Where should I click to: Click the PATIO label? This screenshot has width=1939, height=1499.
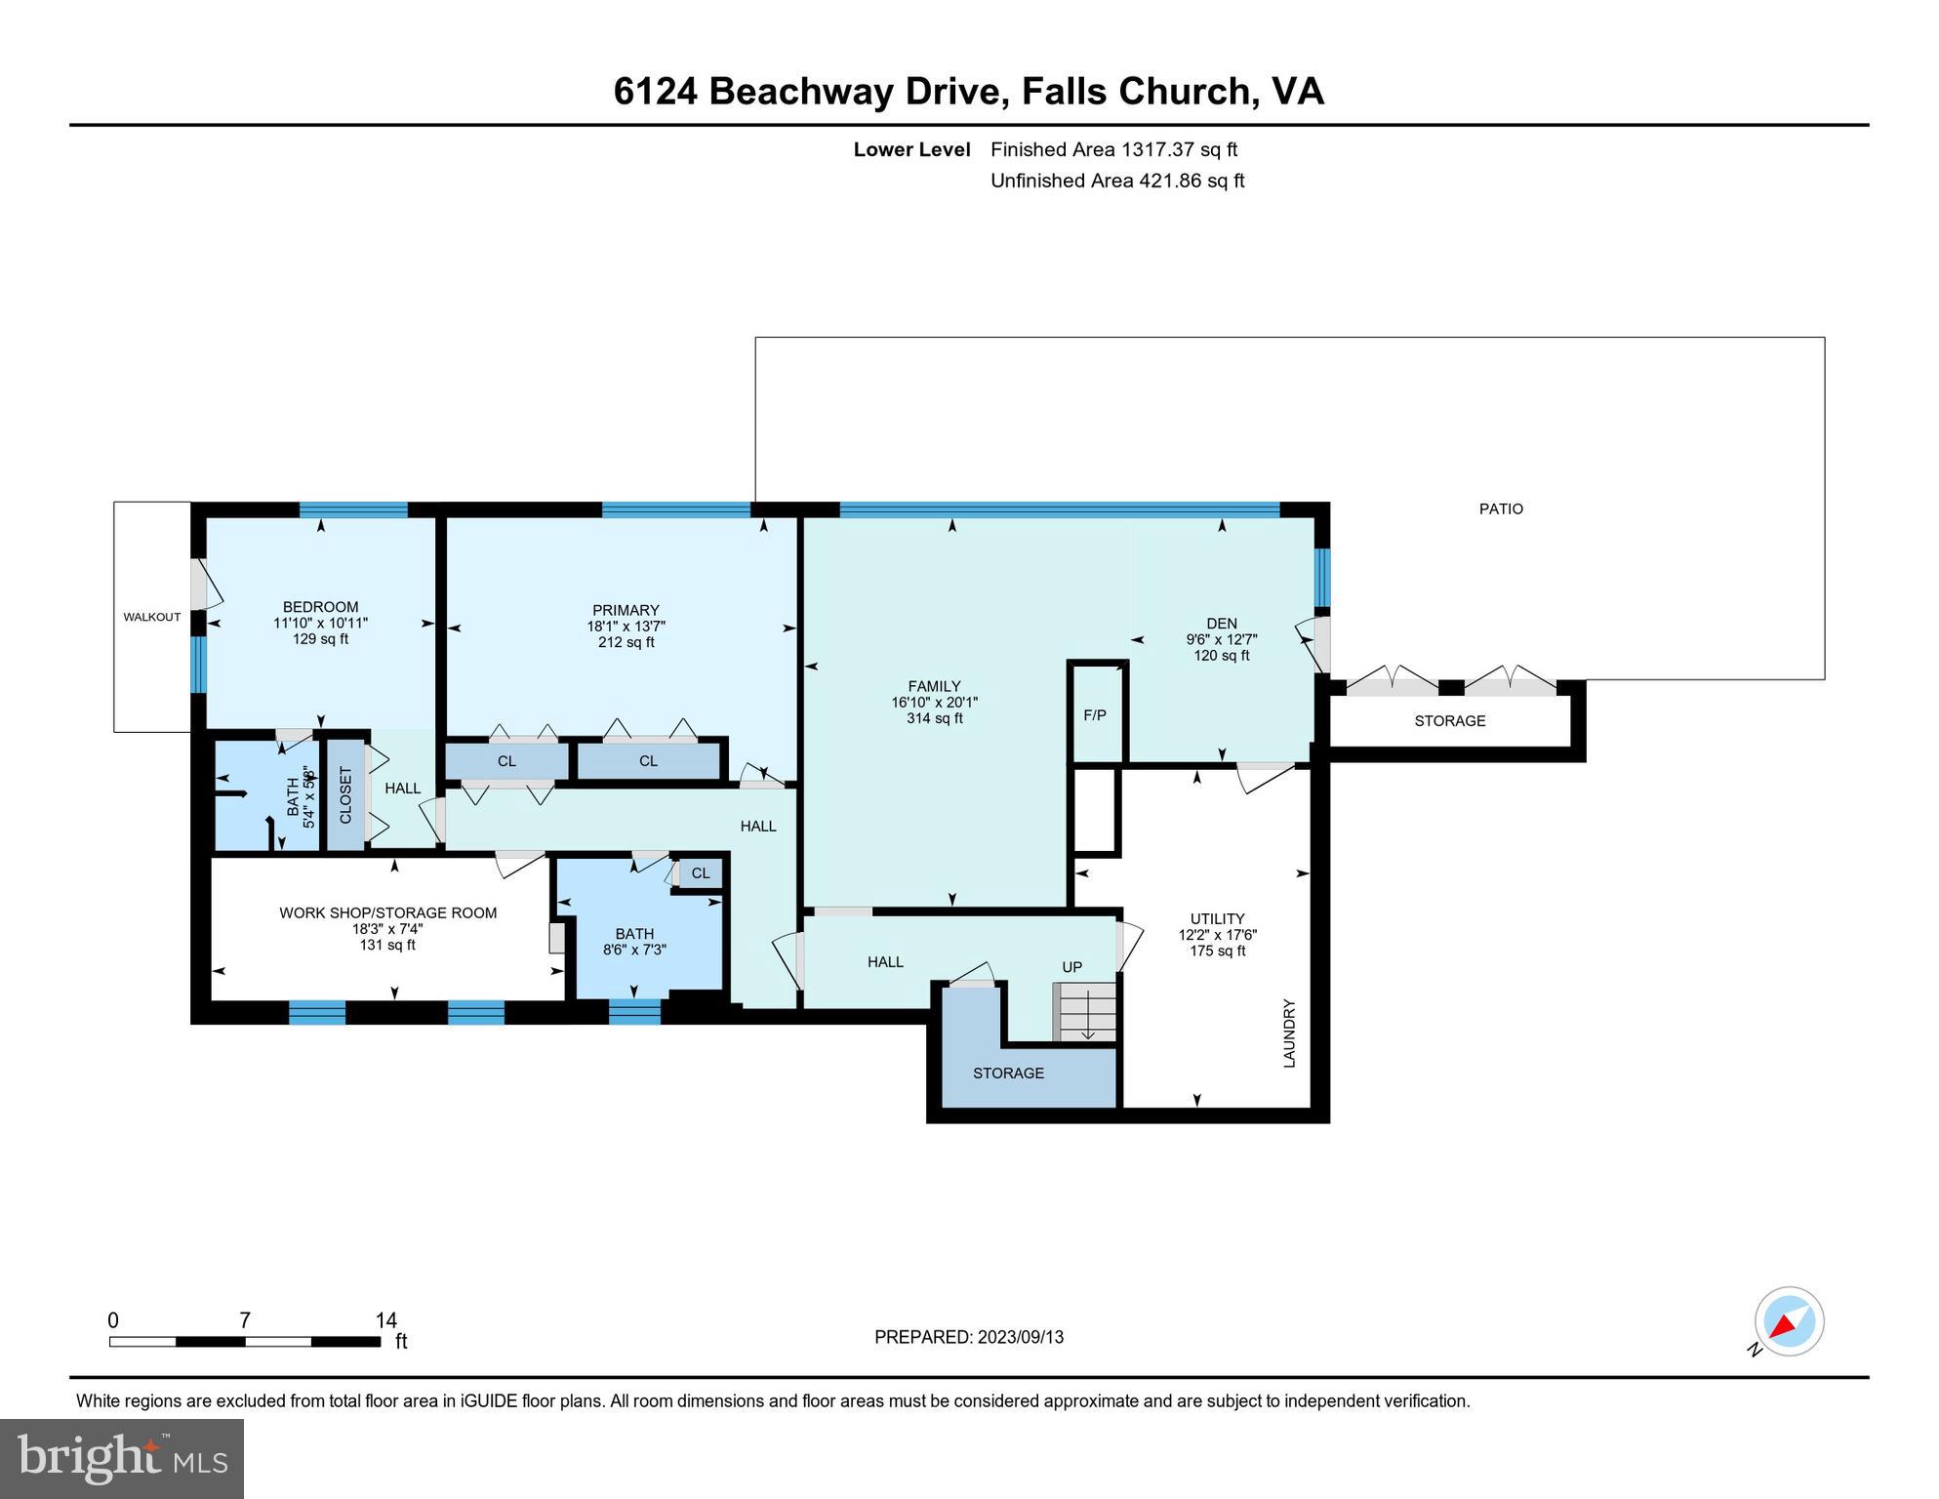pyautogui.click(x=1500, y=508)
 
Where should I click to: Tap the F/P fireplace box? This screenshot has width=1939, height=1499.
pyautogui.click(x=1095, y=715)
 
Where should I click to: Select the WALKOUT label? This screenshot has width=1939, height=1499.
pyautogui.click(x=151, y=617)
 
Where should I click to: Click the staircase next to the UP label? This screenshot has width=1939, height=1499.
pyautogui.click(x=1083, y=1012)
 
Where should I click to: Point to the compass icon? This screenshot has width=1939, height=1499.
pyautogui.click(x=1789, y=1321)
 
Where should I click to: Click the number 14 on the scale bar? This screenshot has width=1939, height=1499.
pyautogui.click(x=385, y=1320)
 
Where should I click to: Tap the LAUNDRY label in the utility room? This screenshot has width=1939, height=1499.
pyautogui.click(x=1288, y=1033)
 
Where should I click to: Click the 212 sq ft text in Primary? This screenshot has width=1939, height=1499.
pyautogui.click(x=626, y=642)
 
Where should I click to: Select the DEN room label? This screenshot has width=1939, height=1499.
pyautogui.click(x=1221, y=624)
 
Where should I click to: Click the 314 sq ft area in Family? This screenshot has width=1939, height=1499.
pyautogui.click(x=934, y=718)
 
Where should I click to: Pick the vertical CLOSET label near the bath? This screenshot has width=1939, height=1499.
pyautogui.click(x=345, y=794)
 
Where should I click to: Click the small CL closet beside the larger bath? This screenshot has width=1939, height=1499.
pyautogui.click(x=701, y=873)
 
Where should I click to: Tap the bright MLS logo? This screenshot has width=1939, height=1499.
pyautogui.click(x=122, y=1458)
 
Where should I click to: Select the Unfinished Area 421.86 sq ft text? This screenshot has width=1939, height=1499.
pyautogui.click(x=1116, y=181)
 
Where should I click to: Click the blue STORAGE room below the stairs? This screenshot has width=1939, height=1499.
pyautogui.click(x=1008, y=1073)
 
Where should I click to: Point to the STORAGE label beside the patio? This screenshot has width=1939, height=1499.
pyautogui.click(x=1449, y=721)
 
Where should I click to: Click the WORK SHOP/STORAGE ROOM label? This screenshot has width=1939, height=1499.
pyautogui.click(x=387, y=912)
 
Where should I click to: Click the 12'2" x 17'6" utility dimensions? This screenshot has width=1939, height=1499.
pyautogui.click(x=1217, y=935)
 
